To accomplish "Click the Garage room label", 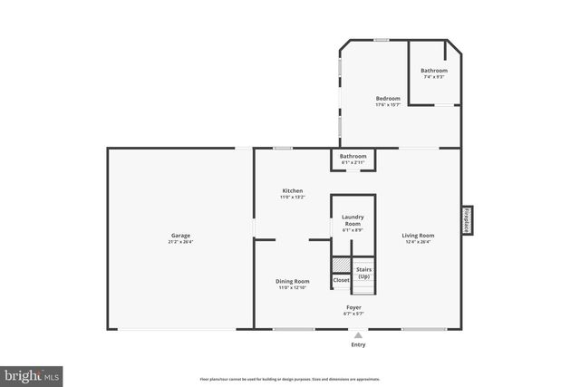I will coord(180,236).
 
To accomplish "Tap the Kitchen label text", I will coord(293,190).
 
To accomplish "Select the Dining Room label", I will coord(293,281).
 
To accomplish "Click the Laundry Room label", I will coord(353,220).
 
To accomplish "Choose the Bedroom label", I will coord(388,98).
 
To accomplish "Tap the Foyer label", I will coord(354,307).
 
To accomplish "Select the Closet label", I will coord(341,281).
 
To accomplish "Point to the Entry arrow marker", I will coord(359,334).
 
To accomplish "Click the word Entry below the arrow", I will coord(359,344).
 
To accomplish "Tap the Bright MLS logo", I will coord(32,374).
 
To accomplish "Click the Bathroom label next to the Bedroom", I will coord(433,71).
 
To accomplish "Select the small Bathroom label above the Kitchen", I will coord(353,156).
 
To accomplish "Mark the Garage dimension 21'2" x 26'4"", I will coord(180,242).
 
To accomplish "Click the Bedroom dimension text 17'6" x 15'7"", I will coord(388,104).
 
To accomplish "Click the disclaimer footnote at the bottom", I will coord(290,379).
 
